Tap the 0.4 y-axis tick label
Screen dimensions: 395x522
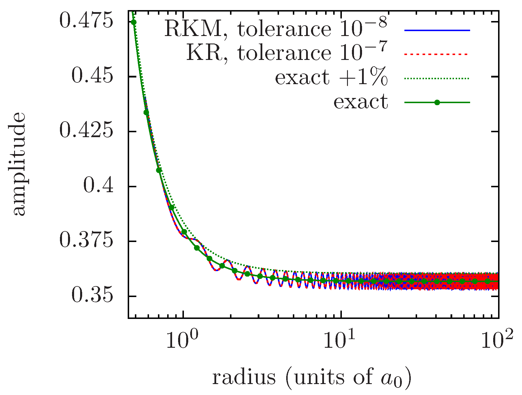coord(98,186)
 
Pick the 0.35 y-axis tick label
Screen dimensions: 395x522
coord(92,296)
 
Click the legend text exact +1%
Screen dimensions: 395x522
coord(331,77)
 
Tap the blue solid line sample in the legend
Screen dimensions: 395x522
coord(437,30)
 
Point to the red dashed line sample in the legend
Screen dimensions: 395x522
coord(437,54)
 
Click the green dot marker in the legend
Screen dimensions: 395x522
coord(437,103)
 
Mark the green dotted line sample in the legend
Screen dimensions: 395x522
coord(437,78)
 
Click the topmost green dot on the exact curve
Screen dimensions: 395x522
coord(133,22)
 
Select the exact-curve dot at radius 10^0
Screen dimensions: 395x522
coord(184,232)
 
